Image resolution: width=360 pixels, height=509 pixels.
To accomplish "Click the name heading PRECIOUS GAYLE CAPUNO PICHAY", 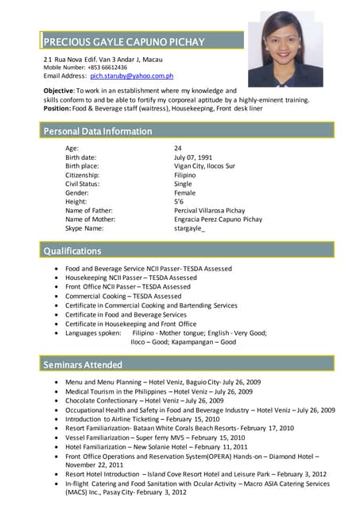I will [x=124, y=41].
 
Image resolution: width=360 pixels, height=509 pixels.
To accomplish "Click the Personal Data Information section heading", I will [x=98, y=131].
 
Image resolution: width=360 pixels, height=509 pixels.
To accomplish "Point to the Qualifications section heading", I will [x=73, y=251].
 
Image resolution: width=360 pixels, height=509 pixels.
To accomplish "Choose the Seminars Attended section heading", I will [x=83, y=365].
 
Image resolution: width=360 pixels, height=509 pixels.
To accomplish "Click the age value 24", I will [x=178, y=149].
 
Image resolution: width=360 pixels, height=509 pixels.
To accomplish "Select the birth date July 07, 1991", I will [x=193, y=157].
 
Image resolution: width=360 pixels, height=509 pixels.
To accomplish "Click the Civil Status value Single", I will [x=183, y=184].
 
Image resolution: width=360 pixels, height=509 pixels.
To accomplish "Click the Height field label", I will [x=76, y=201].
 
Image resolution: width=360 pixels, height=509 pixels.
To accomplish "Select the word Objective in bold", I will [x=58, y=91].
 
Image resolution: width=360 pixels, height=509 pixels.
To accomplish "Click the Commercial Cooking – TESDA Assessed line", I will [x=123, y=296].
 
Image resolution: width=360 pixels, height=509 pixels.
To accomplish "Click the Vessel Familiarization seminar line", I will [x=145, y=437].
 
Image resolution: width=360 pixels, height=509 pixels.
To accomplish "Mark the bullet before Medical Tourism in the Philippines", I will [x=54, y=391].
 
